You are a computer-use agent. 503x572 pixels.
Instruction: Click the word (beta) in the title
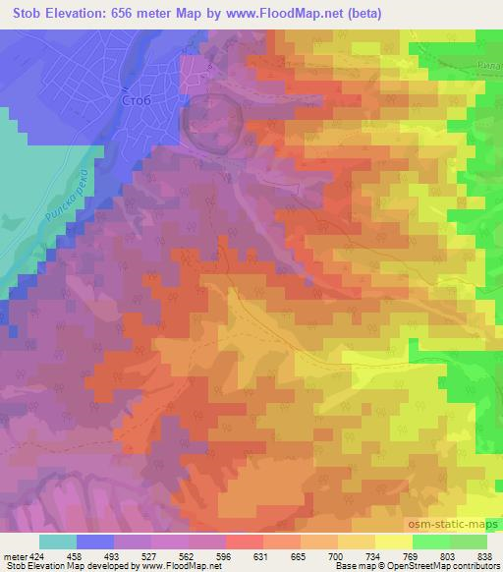tap(361, 14)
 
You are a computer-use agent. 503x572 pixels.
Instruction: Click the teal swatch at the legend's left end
tap(58, 541)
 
